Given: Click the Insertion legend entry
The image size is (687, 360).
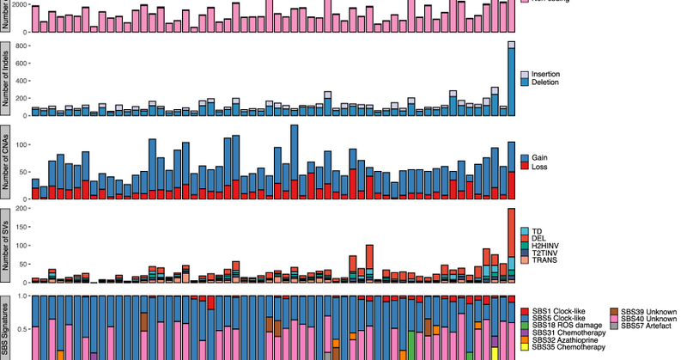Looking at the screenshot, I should (547, 75).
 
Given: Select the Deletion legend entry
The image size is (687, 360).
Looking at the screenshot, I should (547, 83).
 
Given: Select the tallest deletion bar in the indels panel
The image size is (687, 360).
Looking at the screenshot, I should (512, 82).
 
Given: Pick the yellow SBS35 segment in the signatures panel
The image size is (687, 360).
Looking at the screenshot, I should (495, 353).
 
